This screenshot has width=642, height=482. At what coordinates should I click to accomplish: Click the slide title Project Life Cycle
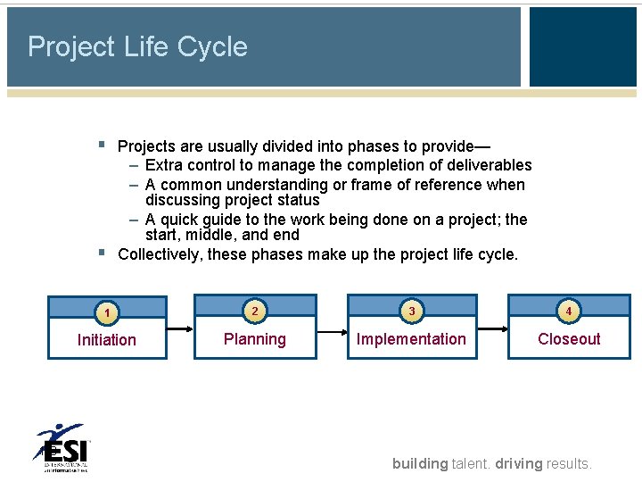[x=137, y=46]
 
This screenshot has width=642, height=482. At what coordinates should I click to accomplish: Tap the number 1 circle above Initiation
[x=106, y=312]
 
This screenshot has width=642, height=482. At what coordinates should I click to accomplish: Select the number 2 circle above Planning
[x=255, y=311]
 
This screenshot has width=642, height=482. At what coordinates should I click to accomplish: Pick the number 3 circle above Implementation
[x=411, y=312]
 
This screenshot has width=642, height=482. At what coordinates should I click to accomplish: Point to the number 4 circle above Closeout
[x=569, y=311]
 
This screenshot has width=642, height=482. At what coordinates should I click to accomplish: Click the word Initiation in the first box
[x=107, y=340]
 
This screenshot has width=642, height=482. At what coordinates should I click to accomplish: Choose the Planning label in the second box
[x=255, y=339]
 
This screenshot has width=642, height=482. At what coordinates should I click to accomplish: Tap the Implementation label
[x=411, y=339]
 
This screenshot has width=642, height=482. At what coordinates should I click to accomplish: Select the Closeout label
[x=569, y=339]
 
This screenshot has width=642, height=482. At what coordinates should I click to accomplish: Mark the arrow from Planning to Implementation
[x=330, y=331]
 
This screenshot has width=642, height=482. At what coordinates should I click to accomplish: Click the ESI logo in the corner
[x=62, y=447]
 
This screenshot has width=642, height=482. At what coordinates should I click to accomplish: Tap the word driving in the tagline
[x=519, y=463]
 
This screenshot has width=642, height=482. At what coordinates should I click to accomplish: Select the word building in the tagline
[x=420, y=463]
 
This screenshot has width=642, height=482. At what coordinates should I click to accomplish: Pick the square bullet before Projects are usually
[x=102, y=144]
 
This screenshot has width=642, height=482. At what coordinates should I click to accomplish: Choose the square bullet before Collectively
[x=102, y=253]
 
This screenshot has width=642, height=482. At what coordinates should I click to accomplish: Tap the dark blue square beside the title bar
[x=582, y=46]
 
